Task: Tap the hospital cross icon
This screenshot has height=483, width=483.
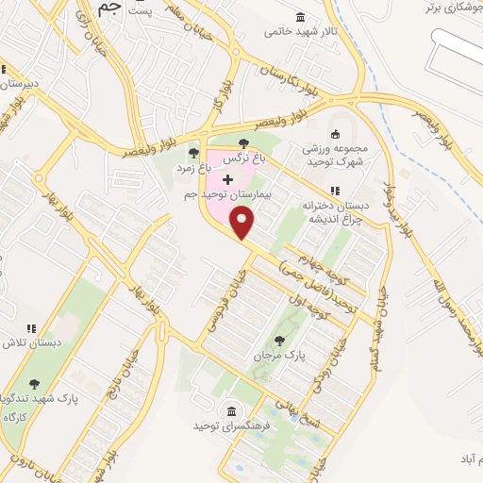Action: pos(227,178)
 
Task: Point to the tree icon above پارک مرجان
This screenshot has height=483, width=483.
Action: pos(278,341)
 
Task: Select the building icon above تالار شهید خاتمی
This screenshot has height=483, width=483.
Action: pos(300,17)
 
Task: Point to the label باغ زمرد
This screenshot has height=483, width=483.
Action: pos(194,167)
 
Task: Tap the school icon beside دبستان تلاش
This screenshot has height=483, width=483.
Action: pos(31,328)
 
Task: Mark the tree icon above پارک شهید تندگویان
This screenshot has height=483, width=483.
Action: pos(35,384)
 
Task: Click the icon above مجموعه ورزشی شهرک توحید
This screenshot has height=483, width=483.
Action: pos(332,133)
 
